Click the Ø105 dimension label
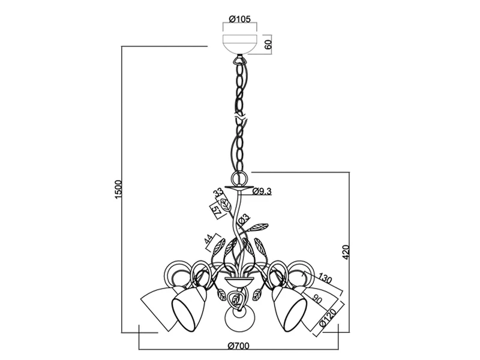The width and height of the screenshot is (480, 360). tap(239, 19)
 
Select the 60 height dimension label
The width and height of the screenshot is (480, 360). tap(268, 44)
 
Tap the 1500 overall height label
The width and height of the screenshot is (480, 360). tap(118, 190)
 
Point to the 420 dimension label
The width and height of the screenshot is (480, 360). tap(346, 252)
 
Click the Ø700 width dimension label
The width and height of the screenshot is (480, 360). tap(239, 346)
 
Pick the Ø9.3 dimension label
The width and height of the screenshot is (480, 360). tap(262, 191)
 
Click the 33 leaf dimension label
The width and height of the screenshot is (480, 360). tap(218, 193)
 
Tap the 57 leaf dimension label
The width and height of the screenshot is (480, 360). tap(216, 210)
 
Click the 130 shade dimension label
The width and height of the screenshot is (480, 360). tap(325, 279)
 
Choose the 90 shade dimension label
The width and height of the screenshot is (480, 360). tap(317, 299)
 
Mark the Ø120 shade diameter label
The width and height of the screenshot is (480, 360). tap(328, 318)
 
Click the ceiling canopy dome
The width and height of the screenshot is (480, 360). tap(239, 44)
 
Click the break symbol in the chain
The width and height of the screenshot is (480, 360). tap(240, 117)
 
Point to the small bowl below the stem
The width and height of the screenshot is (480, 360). tap(239, 280)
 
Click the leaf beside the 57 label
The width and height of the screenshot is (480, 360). tap(226, 205)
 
